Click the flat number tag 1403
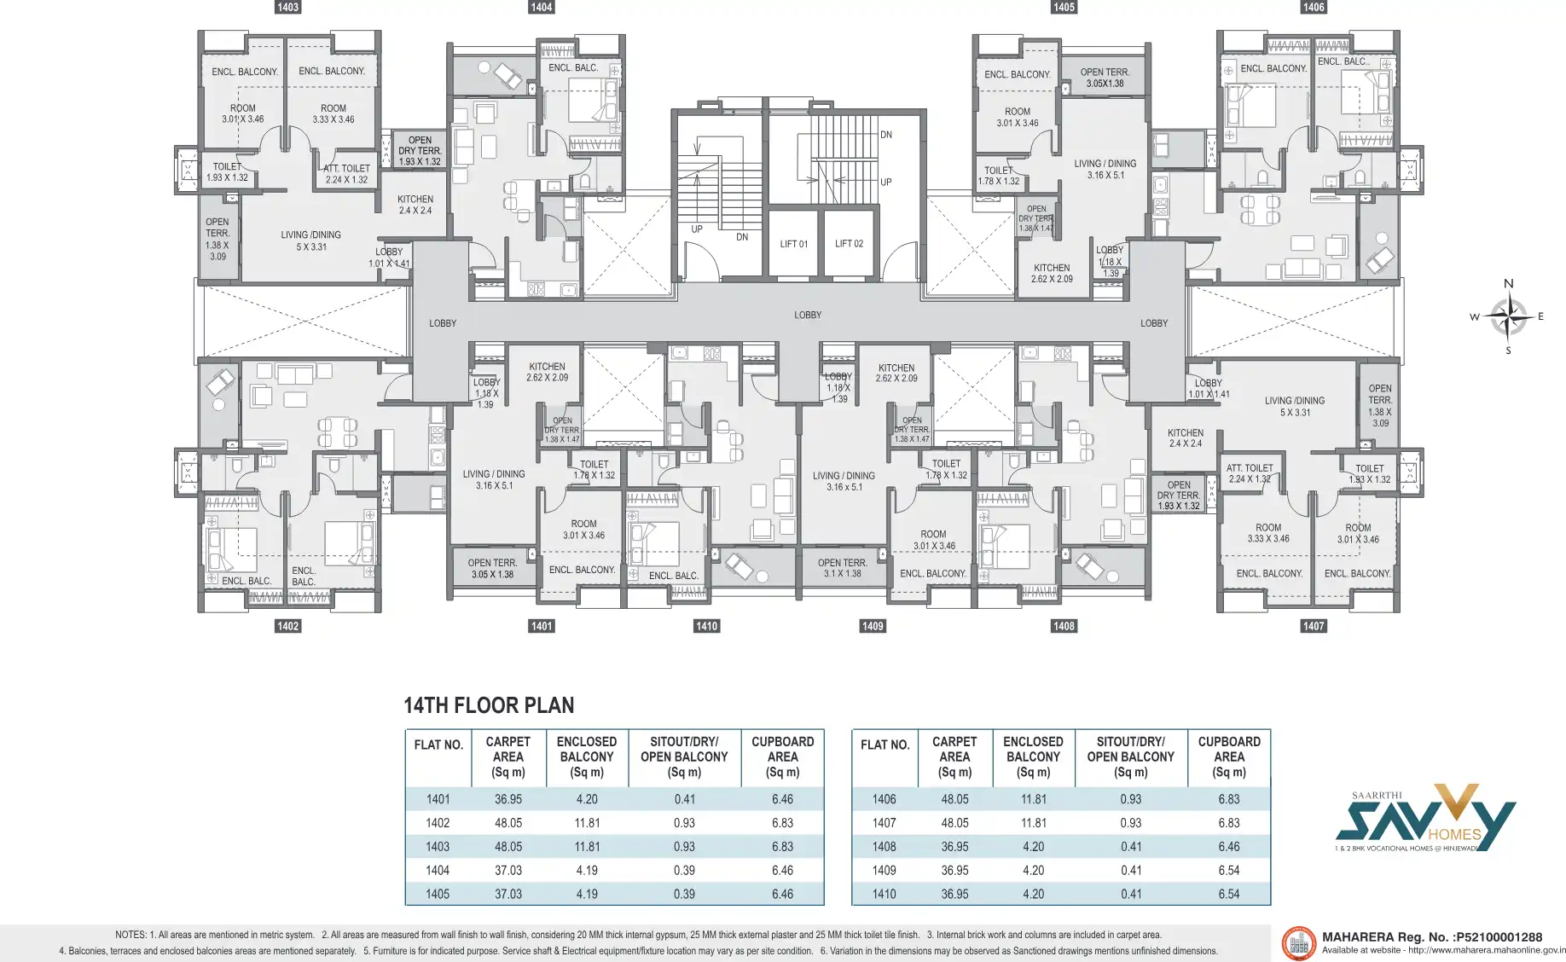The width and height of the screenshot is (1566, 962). point(287,7)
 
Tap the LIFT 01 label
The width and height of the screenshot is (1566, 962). point(793,244)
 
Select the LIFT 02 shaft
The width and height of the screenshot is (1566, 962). point(849,244)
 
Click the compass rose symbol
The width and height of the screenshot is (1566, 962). point(1508,316)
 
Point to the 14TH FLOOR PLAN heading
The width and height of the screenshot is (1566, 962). point(489,705)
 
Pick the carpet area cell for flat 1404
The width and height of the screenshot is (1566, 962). point(508,870)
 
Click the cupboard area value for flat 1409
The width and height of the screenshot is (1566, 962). point(1228,870)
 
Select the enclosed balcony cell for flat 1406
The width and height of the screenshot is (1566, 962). point(1033,799)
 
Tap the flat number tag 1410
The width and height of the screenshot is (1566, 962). point(706,626)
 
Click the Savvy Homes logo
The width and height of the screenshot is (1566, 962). point(1424,819)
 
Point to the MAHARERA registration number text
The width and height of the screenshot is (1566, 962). point(1431,936)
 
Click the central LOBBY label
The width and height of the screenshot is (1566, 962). point(808,315)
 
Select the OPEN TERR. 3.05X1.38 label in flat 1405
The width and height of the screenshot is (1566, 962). point(1105,78)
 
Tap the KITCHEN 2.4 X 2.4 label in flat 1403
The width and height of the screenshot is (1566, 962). point(415,205)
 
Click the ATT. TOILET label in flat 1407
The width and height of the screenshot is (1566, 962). point(1250,473)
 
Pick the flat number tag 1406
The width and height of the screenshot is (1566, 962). point(1314,7)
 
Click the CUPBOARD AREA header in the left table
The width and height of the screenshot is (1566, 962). point(782,756)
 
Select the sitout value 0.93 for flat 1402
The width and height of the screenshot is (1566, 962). point(684,823)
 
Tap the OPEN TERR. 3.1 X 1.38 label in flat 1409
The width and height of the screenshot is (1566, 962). point(842,568)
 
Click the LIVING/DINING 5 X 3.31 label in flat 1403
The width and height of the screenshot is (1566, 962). point(311,240)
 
